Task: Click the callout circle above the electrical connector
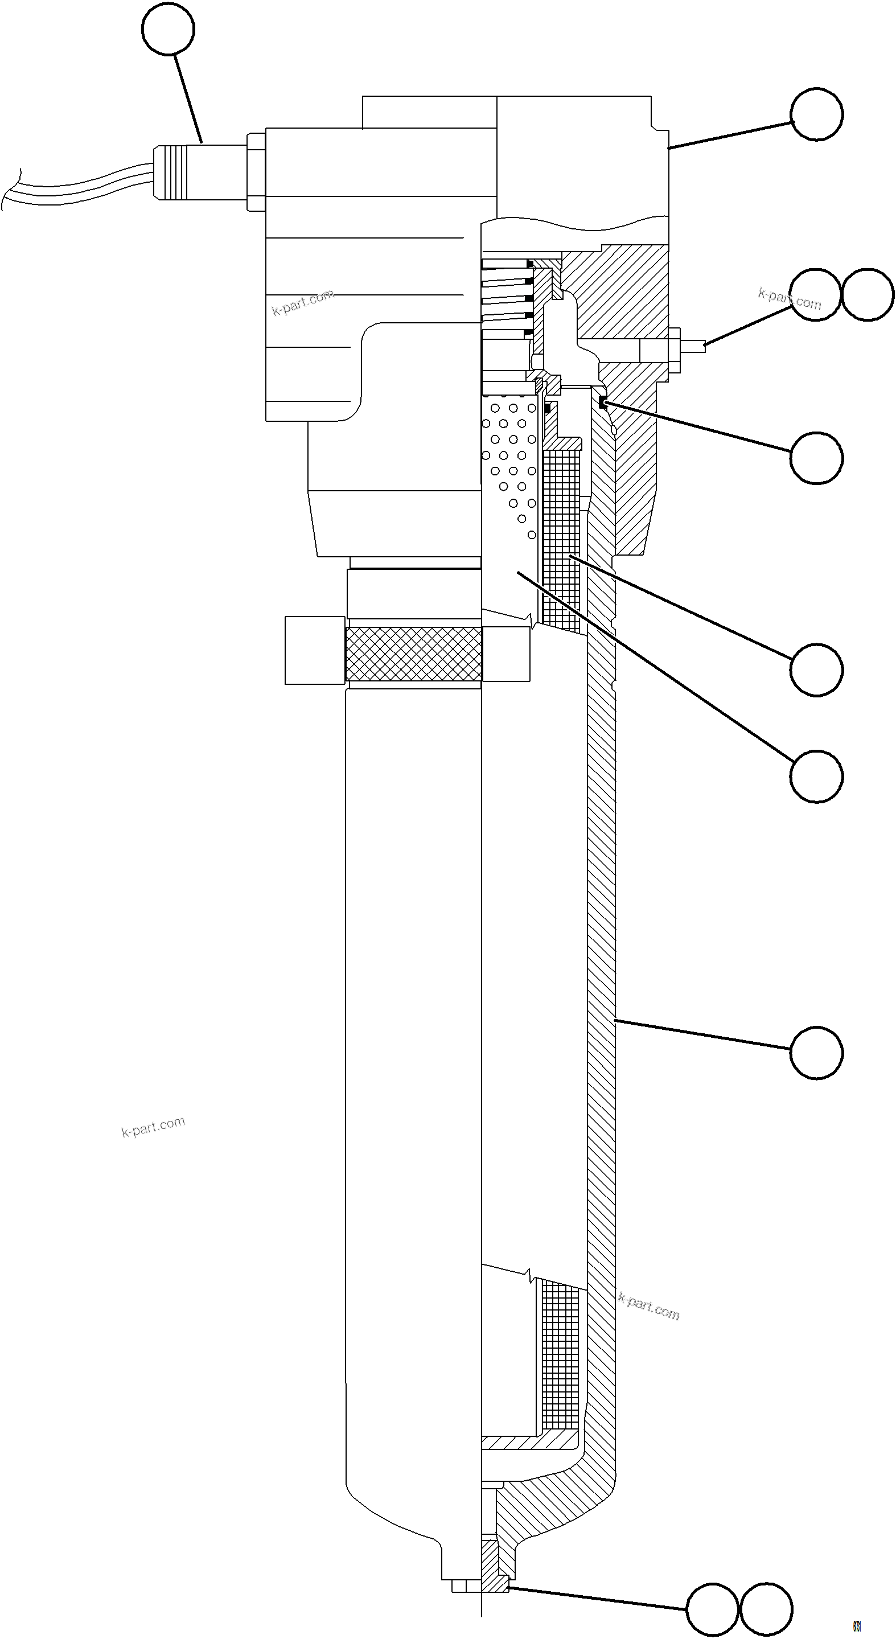click(168, 28)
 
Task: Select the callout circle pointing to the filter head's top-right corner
click(816, 114)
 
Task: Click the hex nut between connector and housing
click(256, 172)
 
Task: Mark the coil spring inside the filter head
click(506, 299)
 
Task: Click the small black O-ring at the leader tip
click(603, 402)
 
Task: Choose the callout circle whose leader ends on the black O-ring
click(816, 458)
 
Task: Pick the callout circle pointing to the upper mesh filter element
click(816, 670)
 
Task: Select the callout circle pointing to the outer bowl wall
click(816, 1053)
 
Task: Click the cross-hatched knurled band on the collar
click(413, 654)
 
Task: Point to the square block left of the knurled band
click(315, 650)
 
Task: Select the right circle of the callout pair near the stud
click(868, 294)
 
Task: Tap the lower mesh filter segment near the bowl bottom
click(561, 1352)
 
